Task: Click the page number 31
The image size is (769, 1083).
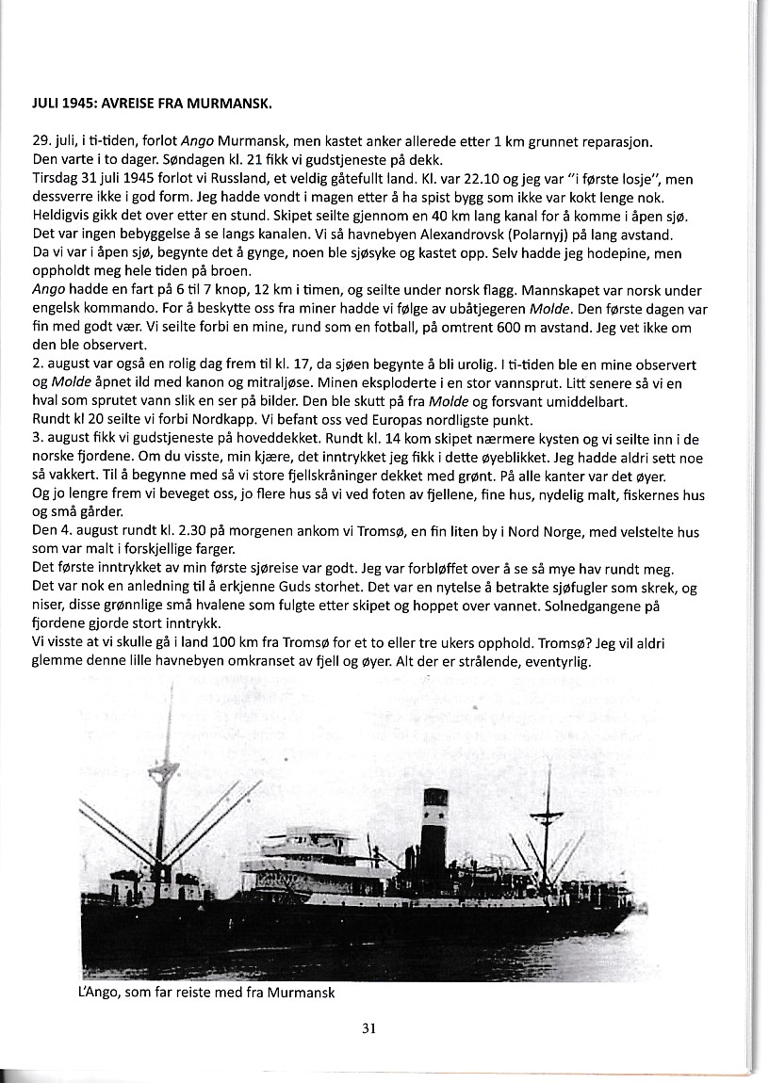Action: click(x=369, y=1029)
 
